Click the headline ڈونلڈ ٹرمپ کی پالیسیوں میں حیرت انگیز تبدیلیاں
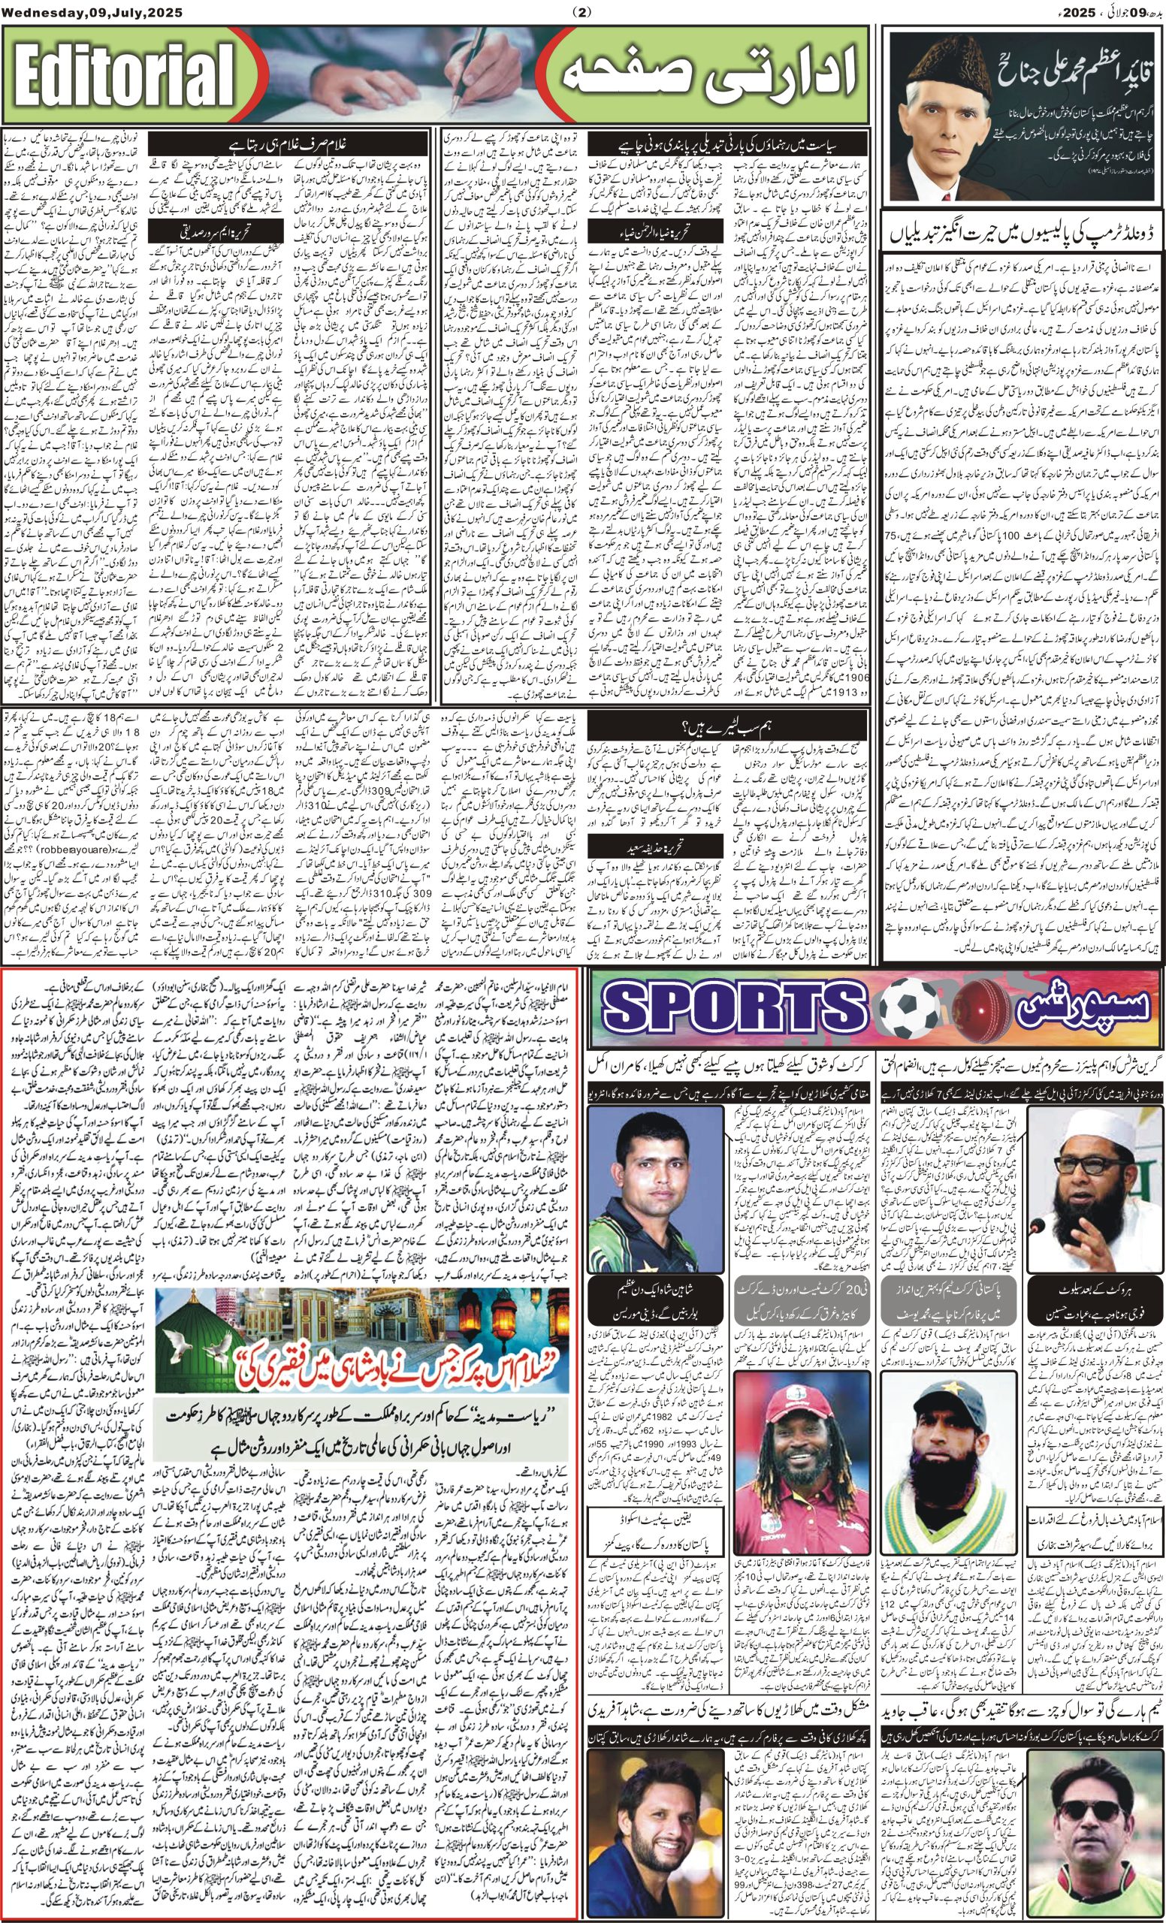[1023, 234]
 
